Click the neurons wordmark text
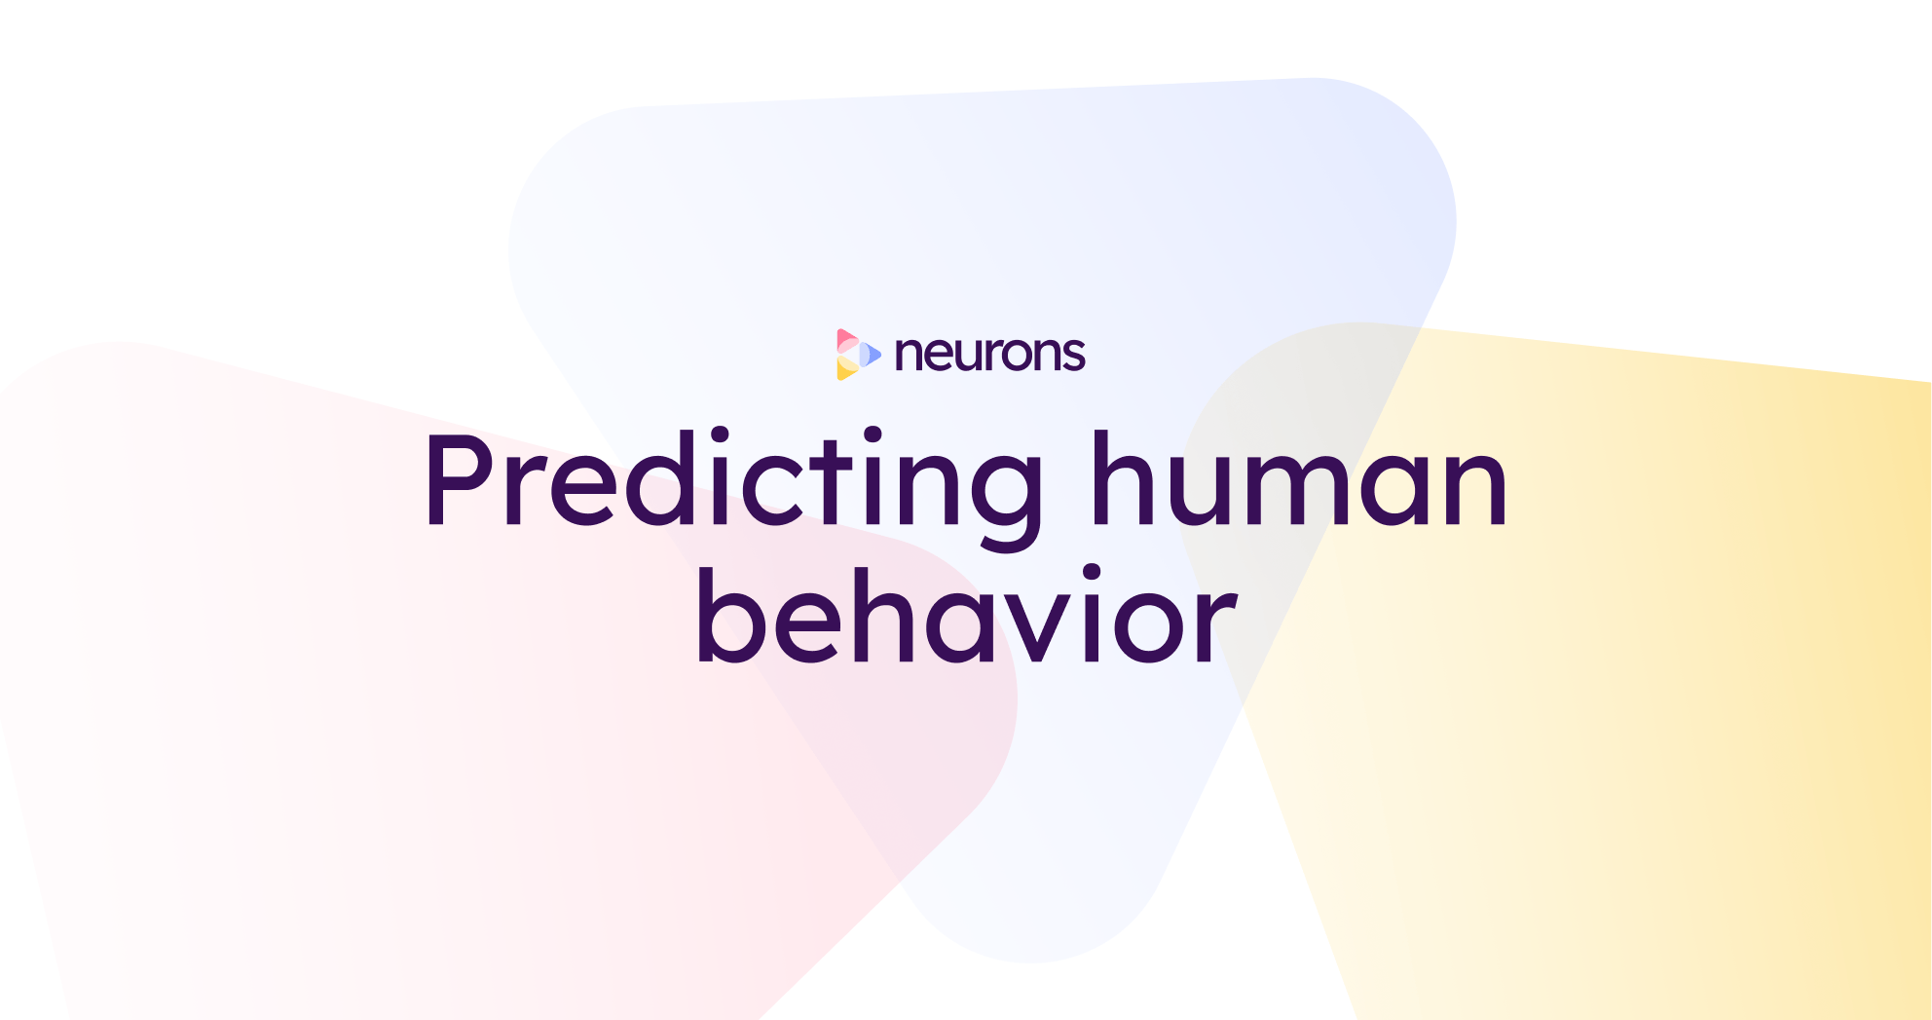tap(989, 355)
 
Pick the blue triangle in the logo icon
tap(871, 355)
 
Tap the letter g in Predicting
tap(997, 492)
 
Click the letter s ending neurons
tap(1073, 357)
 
